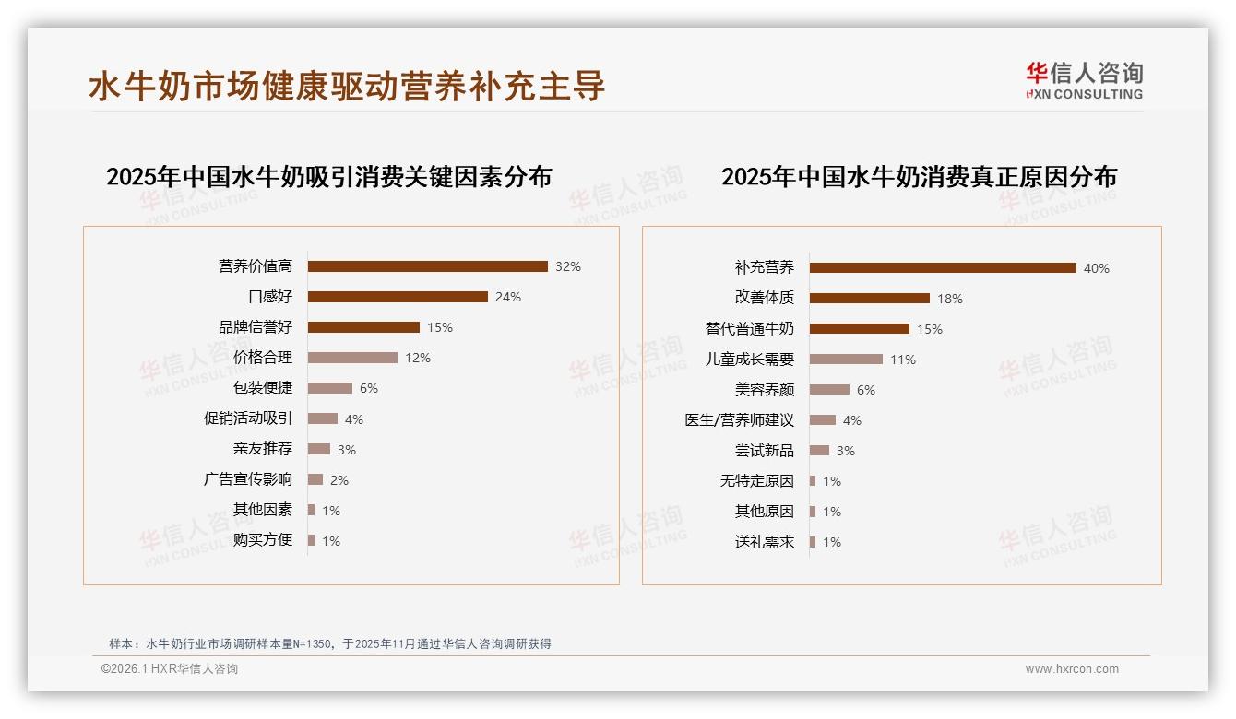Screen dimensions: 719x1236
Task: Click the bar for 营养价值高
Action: tap(427, 266)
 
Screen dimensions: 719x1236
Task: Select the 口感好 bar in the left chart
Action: tap(398, 297)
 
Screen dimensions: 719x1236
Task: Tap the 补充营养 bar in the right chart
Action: tap(943, 268)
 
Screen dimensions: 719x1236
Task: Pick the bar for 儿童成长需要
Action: tap(846, 359)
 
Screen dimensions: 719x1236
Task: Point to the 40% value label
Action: tap(1097, 268)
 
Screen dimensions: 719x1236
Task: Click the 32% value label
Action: tap(568, 266)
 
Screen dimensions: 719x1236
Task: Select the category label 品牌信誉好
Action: tap(256, 327)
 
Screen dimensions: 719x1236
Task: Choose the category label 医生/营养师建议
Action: tap(739, 420)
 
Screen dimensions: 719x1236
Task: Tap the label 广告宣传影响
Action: tap(248, 479)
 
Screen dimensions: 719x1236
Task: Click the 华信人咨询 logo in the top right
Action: tap(1084, 80)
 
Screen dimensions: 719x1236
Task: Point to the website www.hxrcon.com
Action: tap(1072, 669)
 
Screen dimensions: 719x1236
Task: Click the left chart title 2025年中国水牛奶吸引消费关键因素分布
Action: tap(328, 177)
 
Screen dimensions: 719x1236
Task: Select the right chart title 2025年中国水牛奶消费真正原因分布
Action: tap(919, 177)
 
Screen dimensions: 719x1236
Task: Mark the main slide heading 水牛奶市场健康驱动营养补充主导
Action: tap(347, 86)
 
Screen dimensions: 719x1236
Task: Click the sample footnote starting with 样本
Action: tap(329, 643)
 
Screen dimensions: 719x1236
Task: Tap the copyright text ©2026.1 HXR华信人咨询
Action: tap(170, 669)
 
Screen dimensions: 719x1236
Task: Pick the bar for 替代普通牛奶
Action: tap(860, 329)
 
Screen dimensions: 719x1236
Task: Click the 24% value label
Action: tap(508, 297)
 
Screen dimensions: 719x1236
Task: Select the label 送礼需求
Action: tap(764, 542)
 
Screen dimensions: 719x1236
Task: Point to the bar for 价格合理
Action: tap(352, 358)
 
